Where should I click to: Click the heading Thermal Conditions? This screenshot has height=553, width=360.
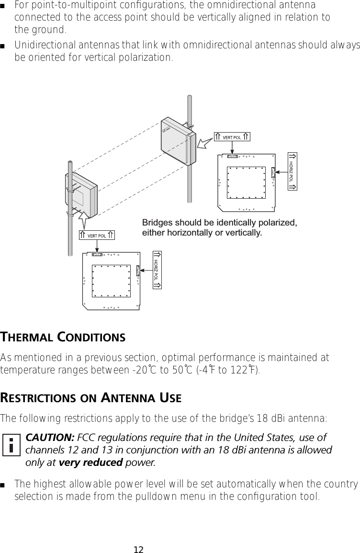63,337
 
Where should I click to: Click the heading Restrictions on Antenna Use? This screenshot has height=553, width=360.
90,398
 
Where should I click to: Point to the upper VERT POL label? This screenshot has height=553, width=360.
232,137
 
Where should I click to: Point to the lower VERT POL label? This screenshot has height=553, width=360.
97,235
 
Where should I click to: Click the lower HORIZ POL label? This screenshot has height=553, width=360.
157,270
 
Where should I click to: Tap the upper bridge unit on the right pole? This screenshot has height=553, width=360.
179,141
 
